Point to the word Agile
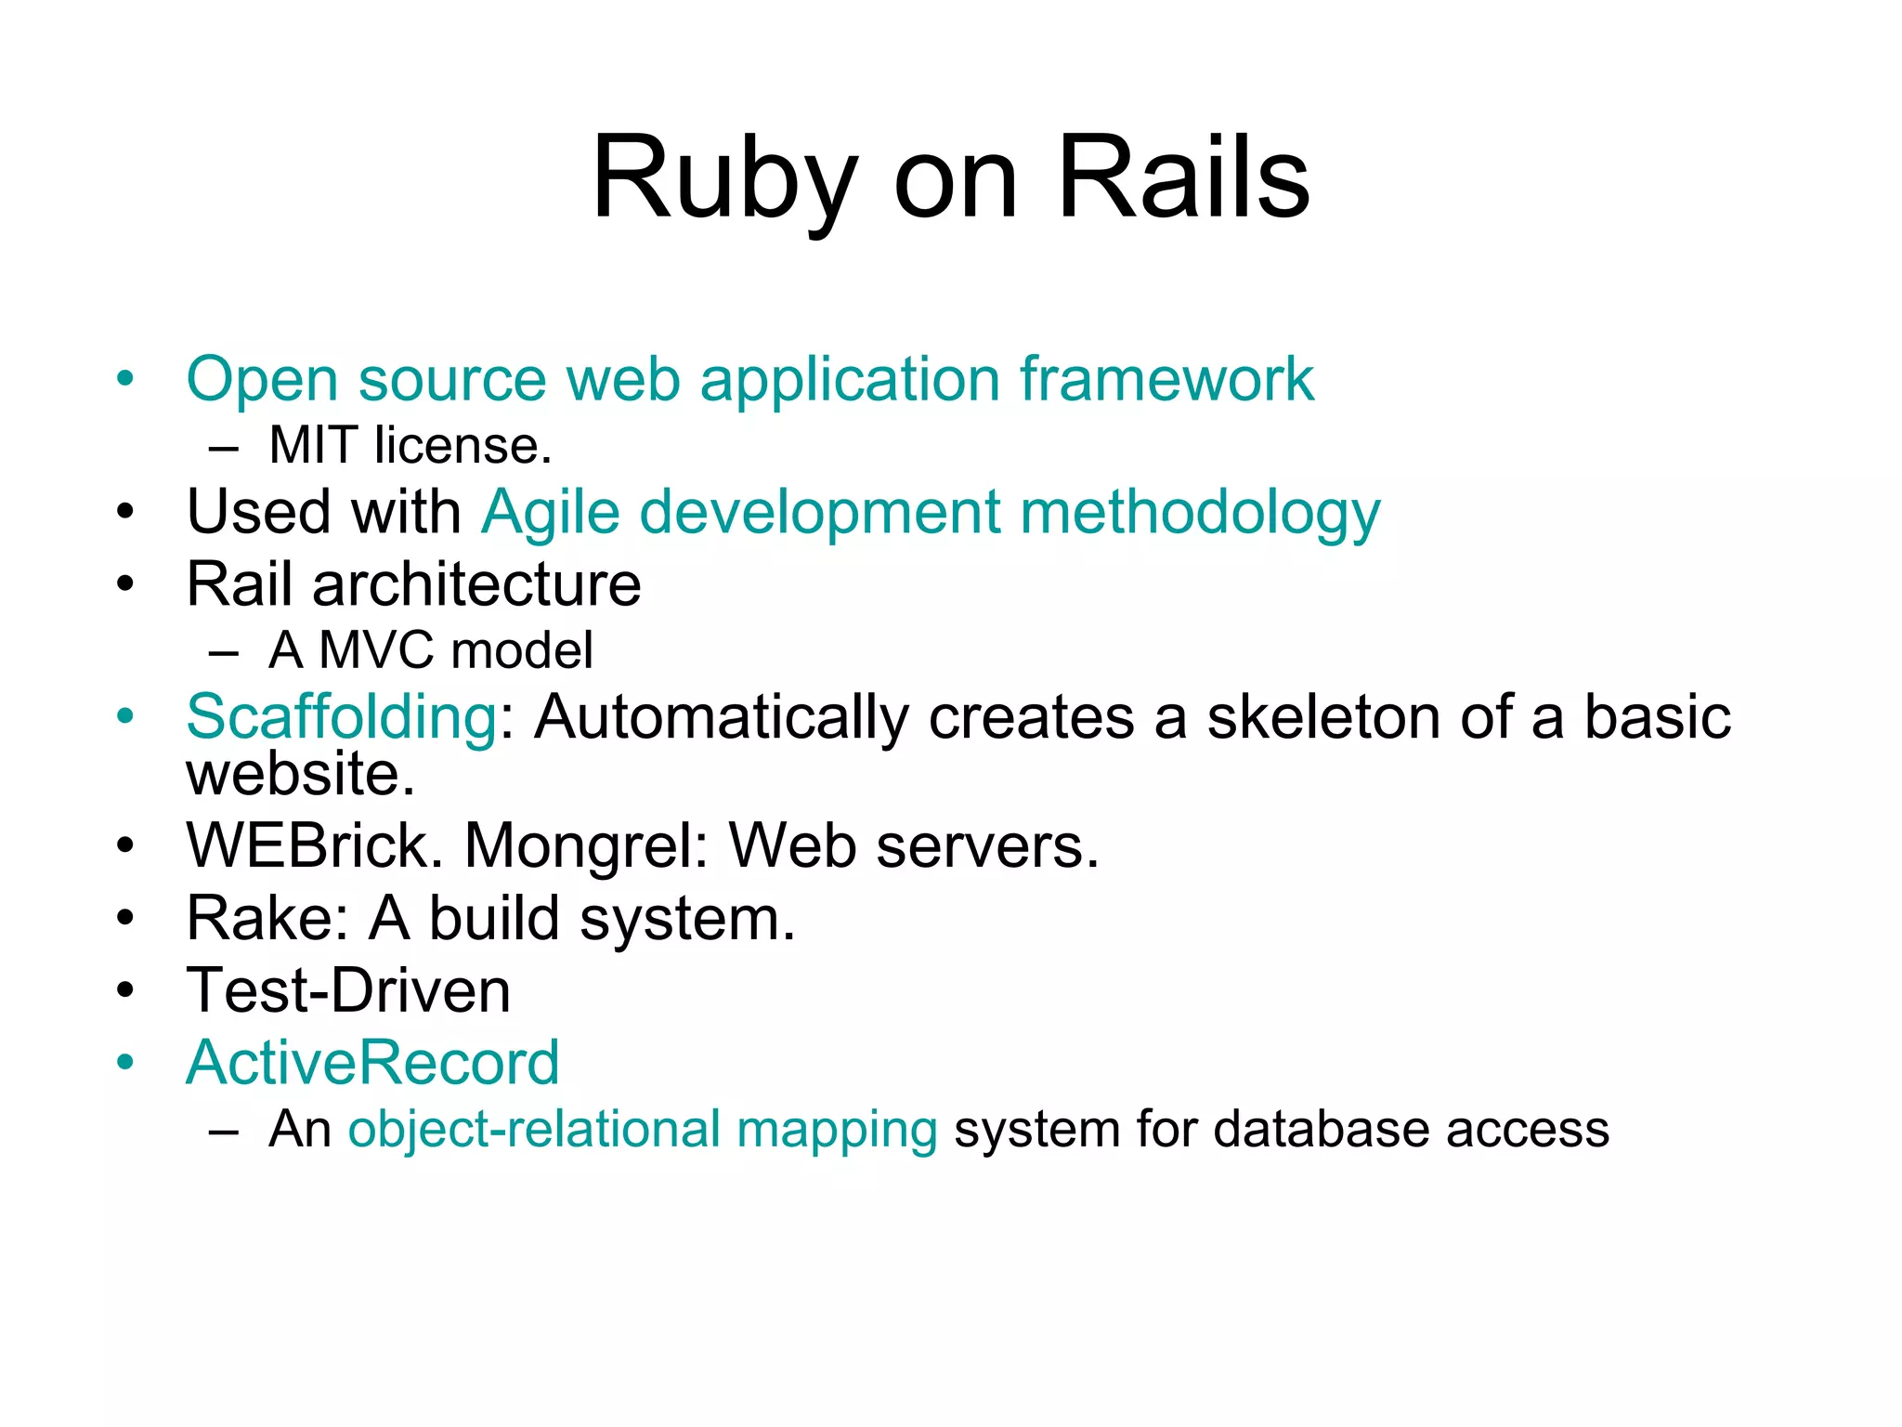(x=551, y=513)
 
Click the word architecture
(x=476, y=584)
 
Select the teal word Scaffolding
(x=342, y=717)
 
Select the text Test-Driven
(x=348, y=990)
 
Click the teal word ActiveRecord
(x=372, y=1062)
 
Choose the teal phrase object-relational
(x=534, y=1130)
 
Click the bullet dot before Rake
(x=125, y=919)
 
